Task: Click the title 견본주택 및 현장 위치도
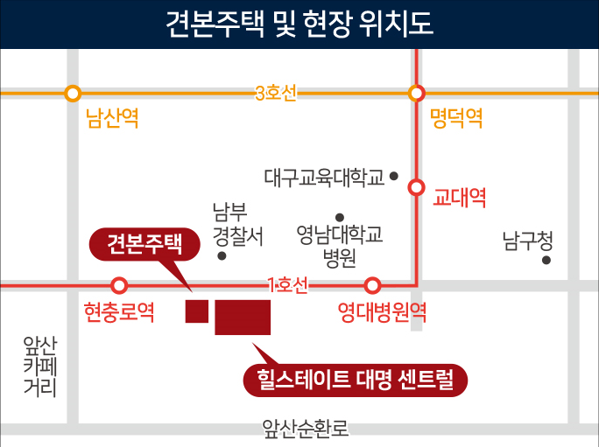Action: click(x=299, y=23)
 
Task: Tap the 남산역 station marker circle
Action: click(x=73, y=93)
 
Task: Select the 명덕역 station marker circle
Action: click(x=417, y=93)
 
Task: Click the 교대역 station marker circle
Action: click(x=417, y=187)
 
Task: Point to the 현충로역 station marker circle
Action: click(x=120, y=285)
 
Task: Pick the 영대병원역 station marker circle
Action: click(x=373, y=285)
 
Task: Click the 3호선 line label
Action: click(x=276, y=93)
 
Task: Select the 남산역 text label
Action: click(x=112, y=119)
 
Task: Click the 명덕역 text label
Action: click(x=456, y=119)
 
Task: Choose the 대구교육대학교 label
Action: click(x=324, y=178)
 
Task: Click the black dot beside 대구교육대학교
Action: click(x=394, y=176)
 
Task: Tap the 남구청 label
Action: click(x=528, y=238)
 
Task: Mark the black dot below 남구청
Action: click(x=546, y=260)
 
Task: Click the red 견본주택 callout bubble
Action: click(x=144, y=244)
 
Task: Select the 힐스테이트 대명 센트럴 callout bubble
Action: click(x=356, y=381)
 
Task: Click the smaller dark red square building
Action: click(x=196, y=311)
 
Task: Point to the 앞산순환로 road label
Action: click(x=306, y=428)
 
